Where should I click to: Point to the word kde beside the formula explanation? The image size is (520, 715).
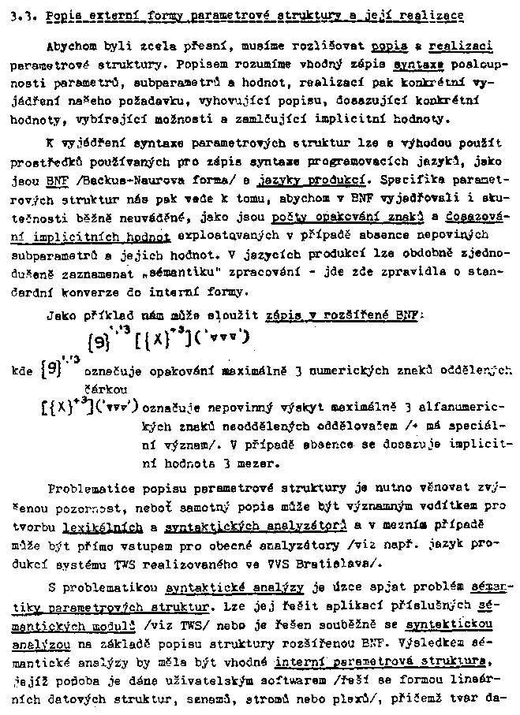click(22, 369)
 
